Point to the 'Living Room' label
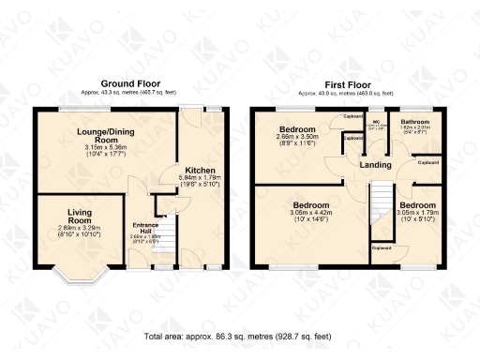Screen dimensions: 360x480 (x=80, y=217)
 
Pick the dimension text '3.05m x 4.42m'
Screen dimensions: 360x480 (x=310, y=215)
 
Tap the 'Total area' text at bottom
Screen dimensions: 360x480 (x=239, y=335)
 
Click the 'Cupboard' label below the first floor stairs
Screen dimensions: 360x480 (x=382, y=248)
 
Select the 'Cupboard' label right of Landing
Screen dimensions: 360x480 (x=427, y=162)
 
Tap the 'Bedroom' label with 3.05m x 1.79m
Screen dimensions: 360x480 (x=414, y=203)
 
